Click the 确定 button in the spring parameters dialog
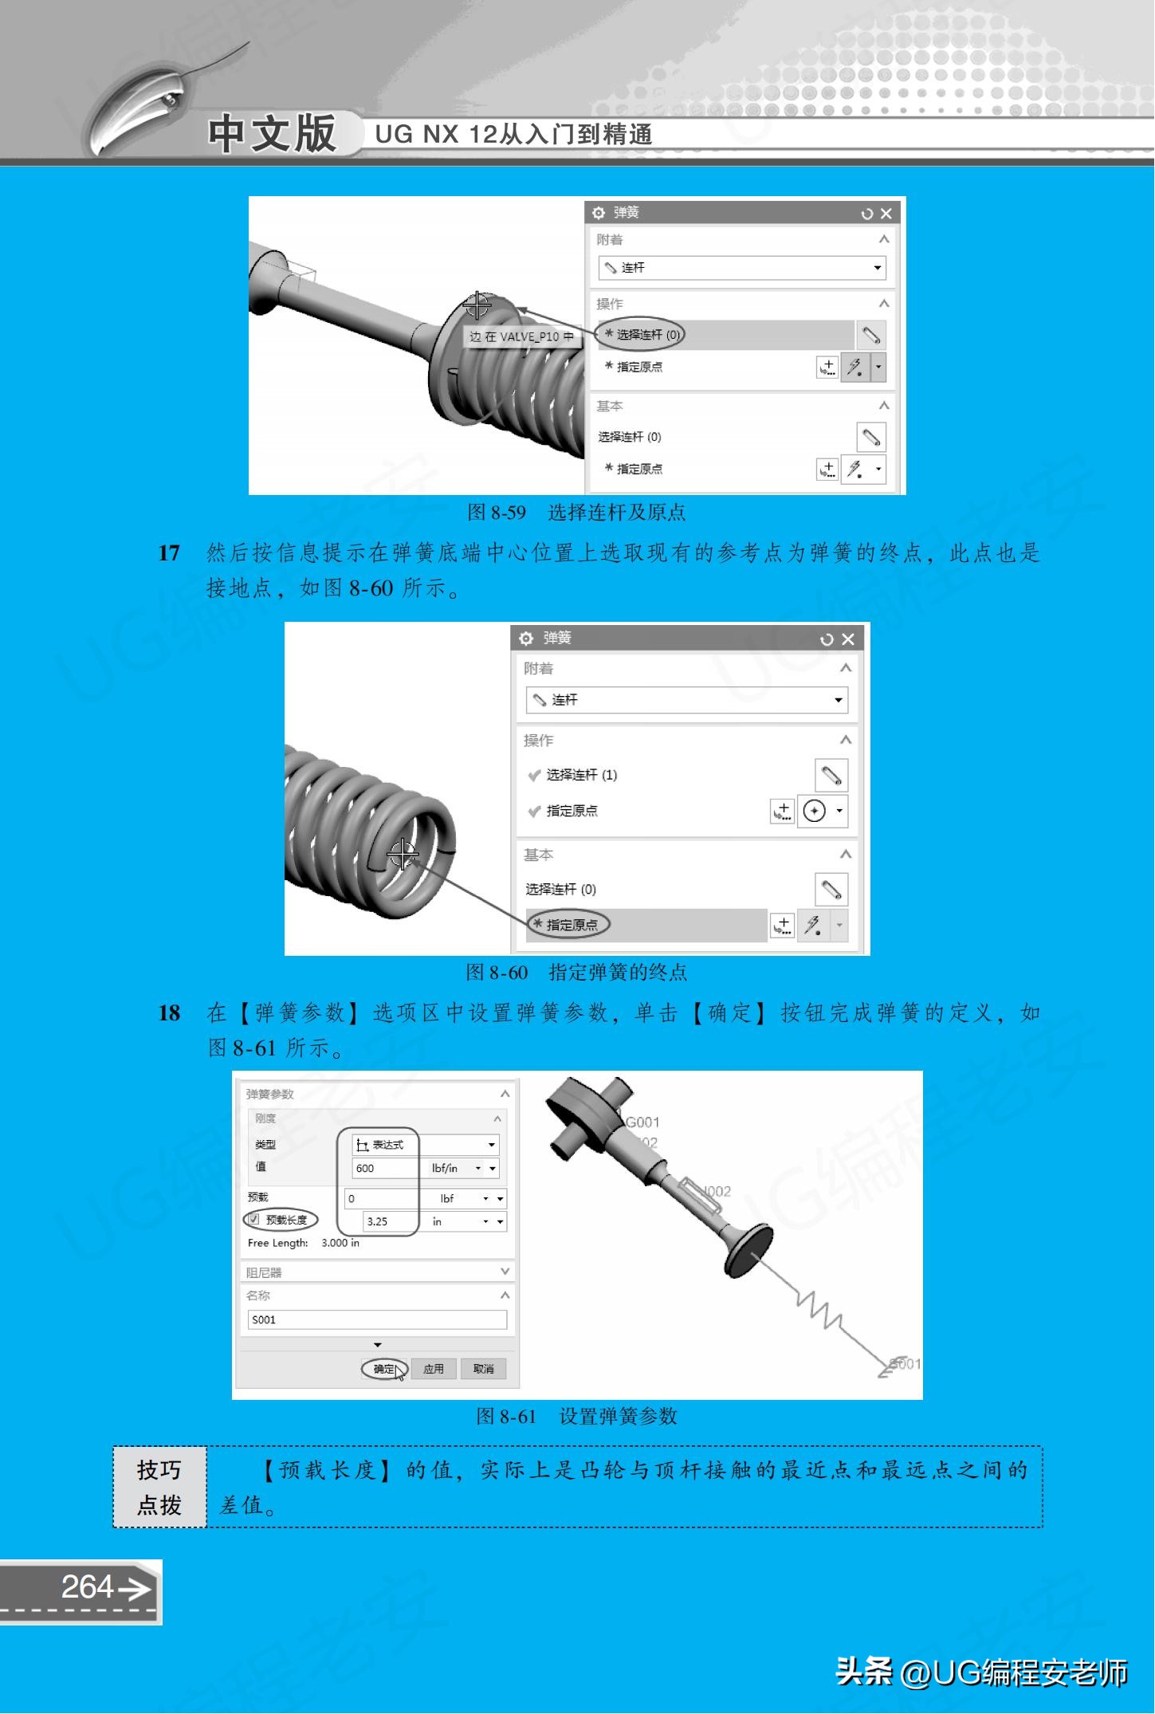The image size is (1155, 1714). pyautogui.click(x=384, y=1369)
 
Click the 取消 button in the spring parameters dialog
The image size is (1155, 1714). pyautogui.click(x=483, y=1369)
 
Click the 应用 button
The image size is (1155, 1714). pyautogui.click(x=433, y=1369)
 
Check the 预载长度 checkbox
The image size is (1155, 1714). pyautogui.click(x=254, y=1220)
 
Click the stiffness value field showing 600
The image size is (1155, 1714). pyautogui.click(x=385, y=1168)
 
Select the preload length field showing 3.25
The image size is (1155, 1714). pyautogui.click(x=389, y=1221)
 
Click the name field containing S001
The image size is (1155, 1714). pyautogui.click(x=377, y=1319)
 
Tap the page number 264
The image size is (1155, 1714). pyautogui.click(x=88, y=1586)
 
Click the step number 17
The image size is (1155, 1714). pyautogui.click(x=169, y=553)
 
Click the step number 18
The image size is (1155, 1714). pyautogui.click(x=169, y=1013)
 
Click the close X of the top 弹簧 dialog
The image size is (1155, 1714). pyautogui.click(x=886, y=214)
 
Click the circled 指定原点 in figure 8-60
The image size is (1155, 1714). pyautogui.click(x=568, y=925)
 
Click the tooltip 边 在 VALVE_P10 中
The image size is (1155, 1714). pyautogui.click(x=521, y=336)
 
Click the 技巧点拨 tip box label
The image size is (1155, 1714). pyautogui.click(x=159, y=1487)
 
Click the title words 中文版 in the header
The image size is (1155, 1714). pyautogui.click(x=272, y=133)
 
